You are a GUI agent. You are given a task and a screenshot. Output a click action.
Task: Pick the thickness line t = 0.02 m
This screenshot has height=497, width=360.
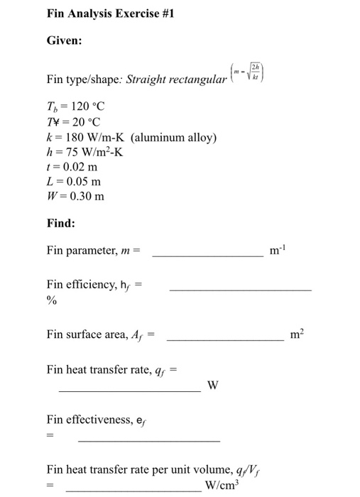click(72, 167)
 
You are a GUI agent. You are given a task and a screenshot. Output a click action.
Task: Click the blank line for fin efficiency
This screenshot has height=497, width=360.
click(240, 289)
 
